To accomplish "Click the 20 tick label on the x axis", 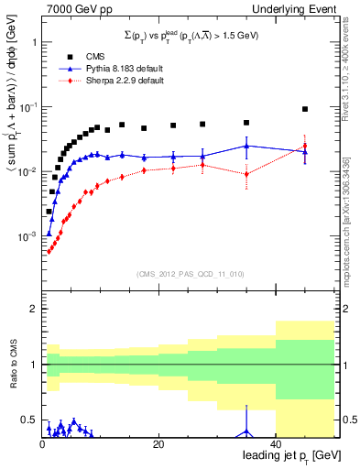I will [x=158, y=444].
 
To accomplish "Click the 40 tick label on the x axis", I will [x=276, y=444].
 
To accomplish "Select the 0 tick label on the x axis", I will [x=42, y=444].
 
